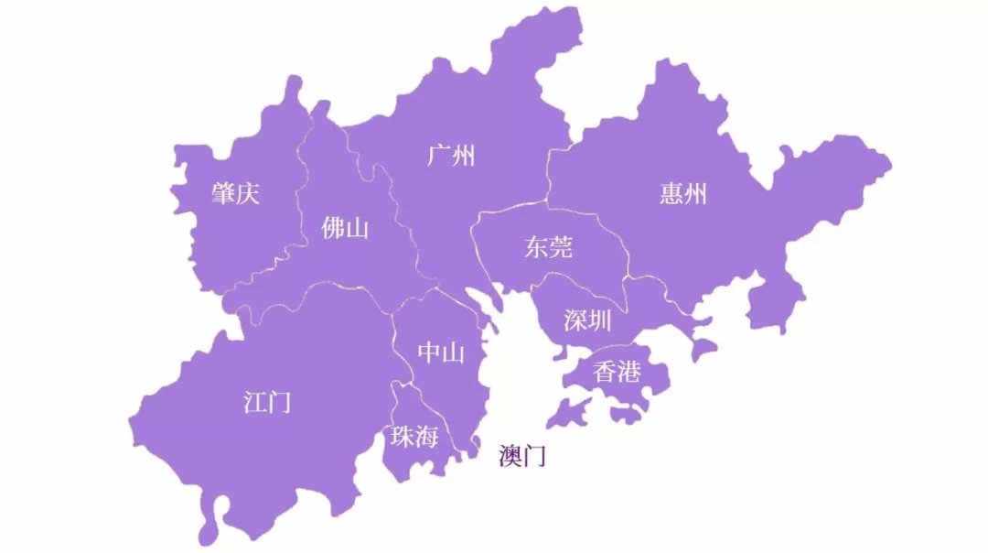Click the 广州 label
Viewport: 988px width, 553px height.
(451, 156)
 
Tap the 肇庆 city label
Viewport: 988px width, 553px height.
(235, 193)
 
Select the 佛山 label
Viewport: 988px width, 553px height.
(345, 228)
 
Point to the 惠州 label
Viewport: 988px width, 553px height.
(682, 193)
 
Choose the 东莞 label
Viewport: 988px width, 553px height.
(548, 247)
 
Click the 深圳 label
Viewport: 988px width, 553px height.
(587, 320)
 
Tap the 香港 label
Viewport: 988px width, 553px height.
(617, 372)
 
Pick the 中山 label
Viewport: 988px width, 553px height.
(441, 353)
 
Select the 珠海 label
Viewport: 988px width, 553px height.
(414, 437)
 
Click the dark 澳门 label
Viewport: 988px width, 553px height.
(522, 456)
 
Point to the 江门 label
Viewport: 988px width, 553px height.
(267, 401)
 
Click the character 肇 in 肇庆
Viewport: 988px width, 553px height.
(223, 193)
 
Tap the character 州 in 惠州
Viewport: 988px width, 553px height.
(695, 193)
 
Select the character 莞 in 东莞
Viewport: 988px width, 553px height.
(561, 247)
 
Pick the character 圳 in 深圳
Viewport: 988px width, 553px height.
(600, 320)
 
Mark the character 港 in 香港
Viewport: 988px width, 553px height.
(629, 372)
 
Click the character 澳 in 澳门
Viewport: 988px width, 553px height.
(510, 456)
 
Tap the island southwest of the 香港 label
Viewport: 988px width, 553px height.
(569, 415)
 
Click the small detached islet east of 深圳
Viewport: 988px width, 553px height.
(703, 349)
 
